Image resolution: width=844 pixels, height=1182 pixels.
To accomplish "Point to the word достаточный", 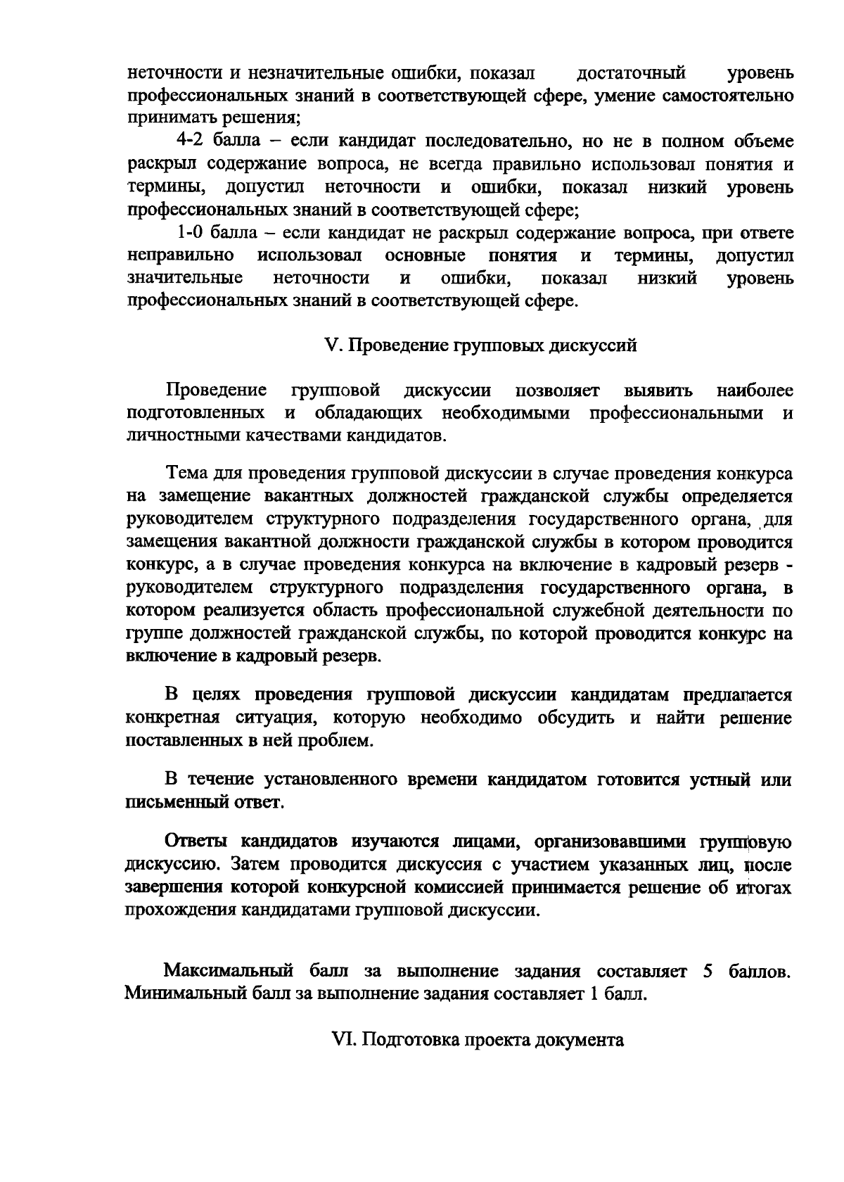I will point(631,73).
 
